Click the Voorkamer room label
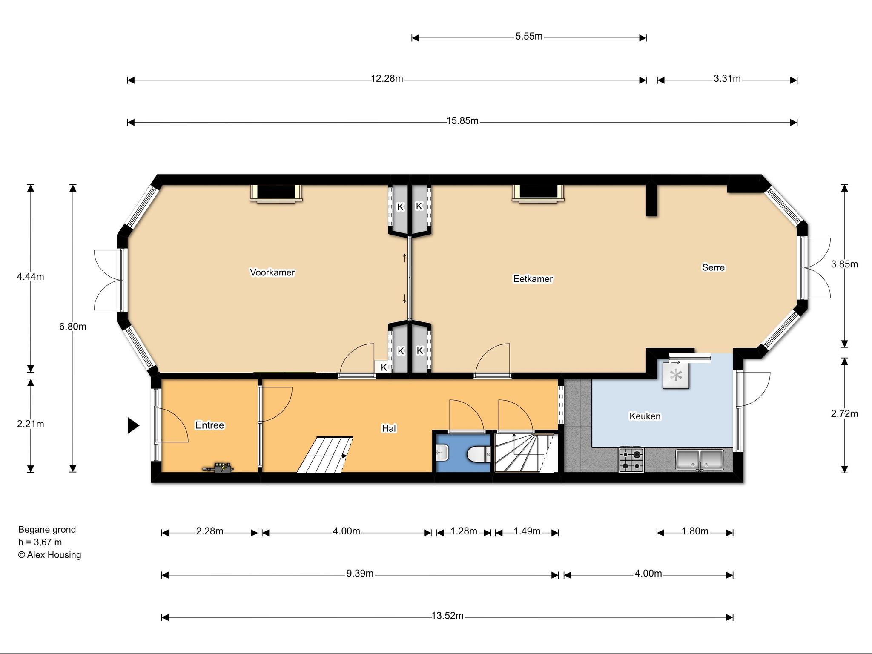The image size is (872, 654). pos(272,272)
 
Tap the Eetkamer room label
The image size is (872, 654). pos(533,279)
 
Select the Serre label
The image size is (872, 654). pos(713,267)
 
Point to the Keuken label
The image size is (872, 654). pos(645,416)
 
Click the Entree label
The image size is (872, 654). pos(209,425)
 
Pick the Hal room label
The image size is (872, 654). pos(389,428)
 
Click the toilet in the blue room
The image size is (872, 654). pos(477,454)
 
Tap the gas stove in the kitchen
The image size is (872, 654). pos(631,460)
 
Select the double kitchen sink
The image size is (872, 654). pos(700,460)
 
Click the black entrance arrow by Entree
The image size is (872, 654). pos(133,425)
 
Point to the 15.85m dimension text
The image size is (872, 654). pos(462,121)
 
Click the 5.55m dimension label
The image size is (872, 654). pos(529,37)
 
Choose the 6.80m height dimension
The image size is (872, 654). pos(73,327)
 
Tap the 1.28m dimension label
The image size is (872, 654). pos(464,531)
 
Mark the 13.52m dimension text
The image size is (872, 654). pos(447,616)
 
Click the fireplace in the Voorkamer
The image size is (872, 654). pos(276,193)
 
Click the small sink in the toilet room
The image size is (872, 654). pos(442,452)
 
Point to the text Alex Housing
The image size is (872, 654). pos(54,555)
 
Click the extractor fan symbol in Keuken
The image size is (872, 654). pos(676,375)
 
